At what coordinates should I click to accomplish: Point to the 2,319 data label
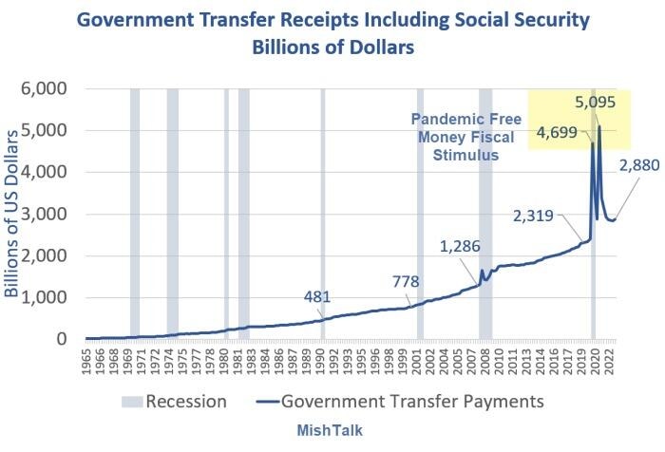pyautogui.click(x=533, y=215)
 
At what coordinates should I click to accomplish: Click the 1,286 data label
pyautogui.click(x=461, y=246)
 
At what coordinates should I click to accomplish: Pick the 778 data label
pyautogui.click(x=410, y=280)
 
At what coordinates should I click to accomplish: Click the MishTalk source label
pyautogui.click(x=332, y=430)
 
